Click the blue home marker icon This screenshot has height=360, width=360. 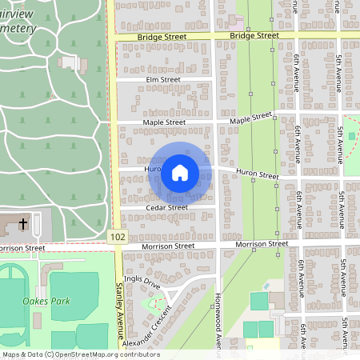click(x=180, y=172)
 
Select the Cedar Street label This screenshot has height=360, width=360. click(x=166, y=207)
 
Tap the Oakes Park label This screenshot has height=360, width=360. click(x=46, y=301)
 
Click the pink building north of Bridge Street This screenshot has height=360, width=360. click(x=238, y=19)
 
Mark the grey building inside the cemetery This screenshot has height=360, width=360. click(x=70, y=62)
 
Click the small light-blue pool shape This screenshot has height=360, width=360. click(x=266, y=286)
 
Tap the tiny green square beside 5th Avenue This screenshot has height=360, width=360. click(x=351, y=136)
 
